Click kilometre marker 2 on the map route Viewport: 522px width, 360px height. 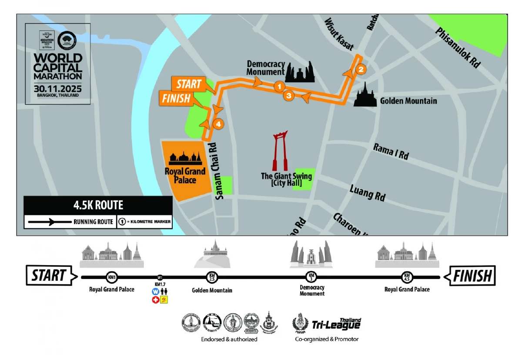click(x=361, y=69)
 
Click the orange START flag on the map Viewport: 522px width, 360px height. click(x=188, y=84)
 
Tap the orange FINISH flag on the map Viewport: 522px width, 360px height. click(x=176, y=99)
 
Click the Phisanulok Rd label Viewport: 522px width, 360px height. click(x=458, y=48)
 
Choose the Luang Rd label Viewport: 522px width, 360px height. click(x=368, y=192)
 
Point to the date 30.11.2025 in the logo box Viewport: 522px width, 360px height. click(x=57, y=88)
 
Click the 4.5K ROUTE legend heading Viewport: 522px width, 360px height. click(x=99, y=205)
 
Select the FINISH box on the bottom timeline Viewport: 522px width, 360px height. click(x=472, y=276)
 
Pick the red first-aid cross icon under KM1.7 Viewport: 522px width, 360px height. click(x=155, y=299)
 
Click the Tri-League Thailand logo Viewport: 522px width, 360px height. click(x=327, y=323)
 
